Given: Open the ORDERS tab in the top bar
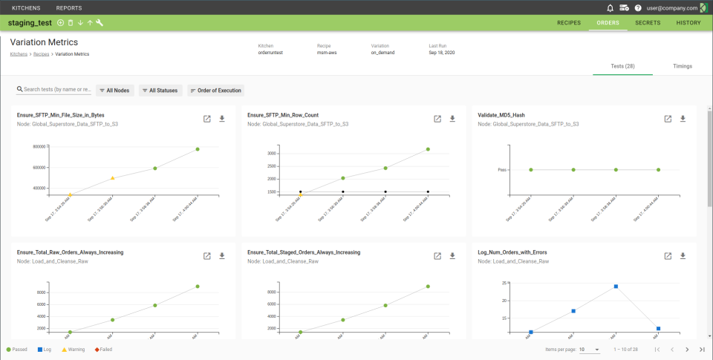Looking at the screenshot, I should click(x=608, y=23).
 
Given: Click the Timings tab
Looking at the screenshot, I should click(x=683, y=66).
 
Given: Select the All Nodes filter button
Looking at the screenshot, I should click(x=115, y=91).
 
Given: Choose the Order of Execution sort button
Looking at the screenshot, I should click(x=216, y=91).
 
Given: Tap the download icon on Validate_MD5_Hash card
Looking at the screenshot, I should click(x=683, y=119).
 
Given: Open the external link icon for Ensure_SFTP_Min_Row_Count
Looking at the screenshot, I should click(x=437, y=119).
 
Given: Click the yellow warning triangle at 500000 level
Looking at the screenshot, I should click(x=112, y=178).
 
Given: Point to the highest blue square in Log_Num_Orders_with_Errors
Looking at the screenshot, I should click(x=616, y=287).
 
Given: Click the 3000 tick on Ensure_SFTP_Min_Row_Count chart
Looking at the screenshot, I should click(x=272, y=154).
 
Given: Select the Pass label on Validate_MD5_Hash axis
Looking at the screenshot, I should click(x=502, y=170).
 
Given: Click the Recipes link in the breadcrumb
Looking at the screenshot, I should click(x=41, y=54).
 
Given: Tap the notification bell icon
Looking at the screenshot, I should click(x=611, y=8).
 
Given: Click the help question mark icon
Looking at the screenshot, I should click(x=638, y=8).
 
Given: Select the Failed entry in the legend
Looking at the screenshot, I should click(x=103, y=349).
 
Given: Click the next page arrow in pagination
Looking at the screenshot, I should click(x=687, y=349).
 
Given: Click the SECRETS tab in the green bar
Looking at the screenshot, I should click(x=648, y=23).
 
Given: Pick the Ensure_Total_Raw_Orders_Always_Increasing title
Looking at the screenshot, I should click(x=70, y=252).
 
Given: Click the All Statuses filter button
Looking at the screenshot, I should click(x=160, y=91).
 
